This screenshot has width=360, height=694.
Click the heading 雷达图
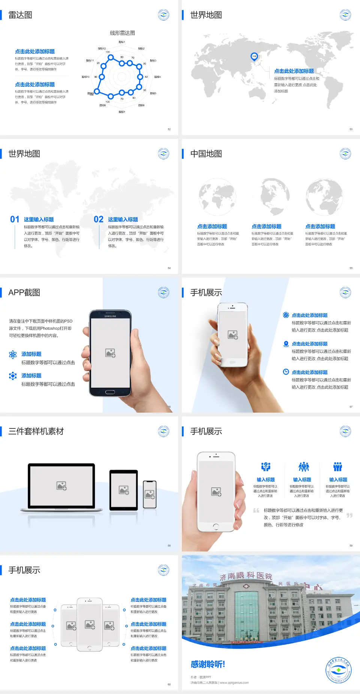(20, 15)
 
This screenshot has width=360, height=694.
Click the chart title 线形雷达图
(122, 33)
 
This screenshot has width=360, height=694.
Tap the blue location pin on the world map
(254, 57)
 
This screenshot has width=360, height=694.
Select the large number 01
(15, 219)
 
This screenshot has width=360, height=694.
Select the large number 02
(99, 219)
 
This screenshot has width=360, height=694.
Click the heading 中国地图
(206, 154)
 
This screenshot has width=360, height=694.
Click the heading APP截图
(24, 293)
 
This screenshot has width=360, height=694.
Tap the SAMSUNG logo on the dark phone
(110, 316)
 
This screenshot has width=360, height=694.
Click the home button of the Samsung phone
(110, 392)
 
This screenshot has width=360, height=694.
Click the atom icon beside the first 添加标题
(13, 355)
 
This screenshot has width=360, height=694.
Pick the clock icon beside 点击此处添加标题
(286, 372)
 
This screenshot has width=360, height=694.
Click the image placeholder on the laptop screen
(61, 486)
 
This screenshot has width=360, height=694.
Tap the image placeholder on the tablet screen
(124, 490)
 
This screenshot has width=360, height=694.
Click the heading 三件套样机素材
(36, 431)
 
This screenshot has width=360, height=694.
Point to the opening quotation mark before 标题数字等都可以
(256, 510)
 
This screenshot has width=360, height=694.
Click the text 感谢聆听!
(208, 664)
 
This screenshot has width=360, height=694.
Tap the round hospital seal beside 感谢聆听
(338, 670)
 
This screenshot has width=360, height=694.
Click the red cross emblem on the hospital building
(246, 586)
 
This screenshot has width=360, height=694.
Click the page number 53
(351, 129)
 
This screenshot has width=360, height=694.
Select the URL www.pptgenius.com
(234, 683)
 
